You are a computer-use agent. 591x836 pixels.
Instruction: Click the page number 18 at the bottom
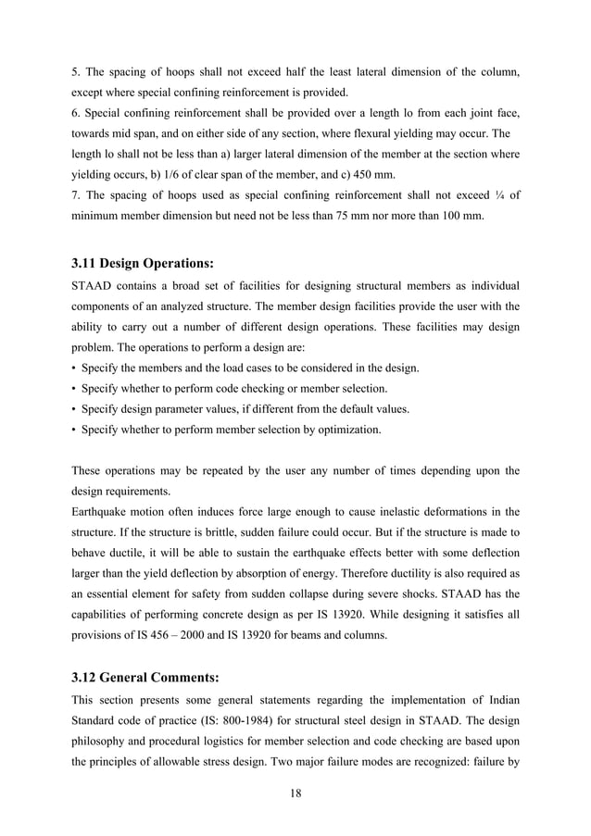coord(295,792)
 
